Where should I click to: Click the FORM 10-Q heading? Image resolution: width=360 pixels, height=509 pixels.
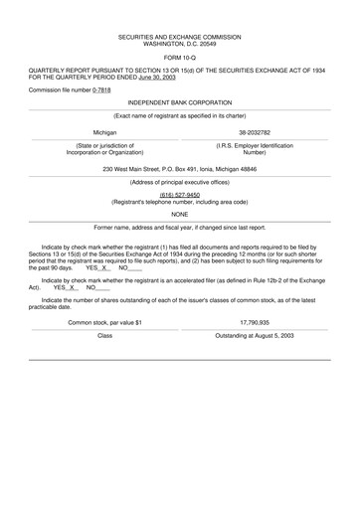tap(179, 56)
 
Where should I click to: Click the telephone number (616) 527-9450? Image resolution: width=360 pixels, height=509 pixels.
tap(179, 195)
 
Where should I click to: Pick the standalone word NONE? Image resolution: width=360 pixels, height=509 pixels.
tap(179, 213)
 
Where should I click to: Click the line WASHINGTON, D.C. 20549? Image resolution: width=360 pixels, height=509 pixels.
tap(179, 45)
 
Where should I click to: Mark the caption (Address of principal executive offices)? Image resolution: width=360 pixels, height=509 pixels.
tap(179, 183)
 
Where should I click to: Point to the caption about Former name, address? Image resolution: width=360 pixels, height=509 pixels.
tap(179, 227)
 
